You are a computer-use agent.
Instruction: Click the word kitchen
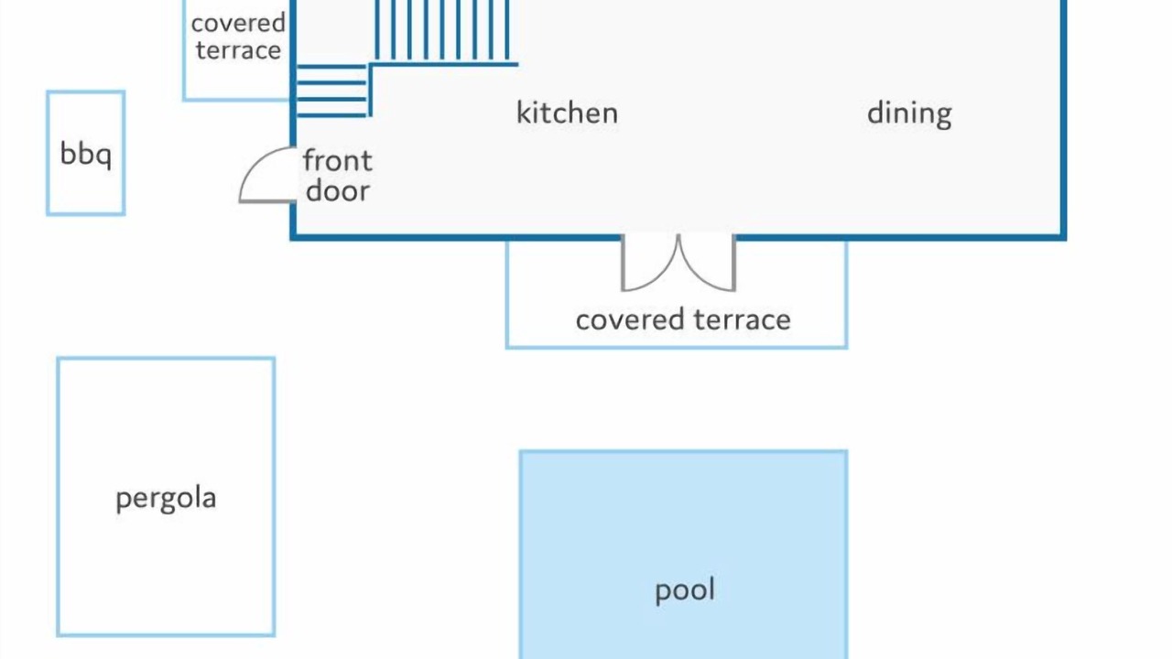click(x=567, y=113)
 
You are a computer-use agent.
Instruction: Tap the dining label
click(x=909, y=114)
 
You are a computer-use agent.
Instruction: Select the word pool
click(x=685, y=591)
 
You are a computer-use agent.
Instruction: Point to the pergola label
click(x=166, y=499)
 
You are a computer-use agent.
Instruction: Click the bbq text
click(x=86, y=155)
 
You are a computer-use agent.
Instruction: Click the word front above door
click(x=338, y=160)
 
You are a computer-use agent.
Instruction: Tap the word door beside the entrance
click(x=338, y=190)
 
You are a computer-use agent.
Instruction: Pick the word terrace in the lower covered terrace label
click(x=742, y=319)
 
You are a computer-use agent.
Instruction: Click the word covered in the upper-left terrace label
click(x=238, y=24)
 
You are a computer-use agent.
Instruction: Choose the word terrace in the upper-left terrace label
click(x=238, y=50)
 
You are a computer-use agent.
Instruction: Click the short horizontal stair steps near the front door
click(x=331, y=91)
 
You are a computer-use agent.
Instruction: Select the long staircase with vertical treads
click(x=442, y=31)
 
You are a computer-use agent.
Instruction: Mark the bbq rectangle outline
click(x=48, y=153)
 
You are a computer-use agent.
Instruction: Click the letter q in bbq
click(x=104, y=157)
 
